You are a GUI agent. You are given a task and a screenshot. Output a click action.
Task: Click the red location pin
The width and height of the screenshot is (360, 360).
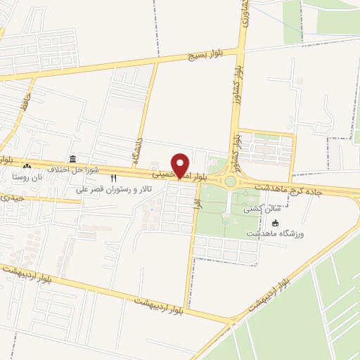181,165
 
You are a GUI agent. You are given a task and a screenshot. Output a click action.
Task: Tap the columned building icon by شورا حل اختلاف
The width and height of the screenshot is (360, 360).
72,158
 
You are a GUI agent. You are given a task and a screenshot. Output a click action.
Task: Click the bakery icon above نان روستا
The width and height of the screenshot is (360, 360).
27,166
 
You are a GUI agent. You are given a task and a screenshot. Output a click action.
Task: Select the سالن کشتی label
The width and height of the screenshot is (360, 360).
257,209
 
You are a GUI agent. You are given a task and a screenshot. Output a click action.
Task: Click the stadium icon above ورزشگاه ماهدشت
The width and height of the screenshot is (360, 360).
275,222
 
